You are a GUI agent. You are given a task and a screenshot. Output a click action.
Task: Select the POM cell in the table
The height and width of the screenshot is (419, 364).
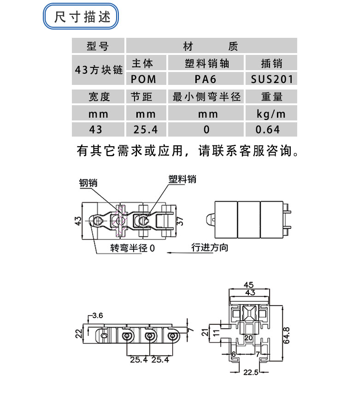(143, 79)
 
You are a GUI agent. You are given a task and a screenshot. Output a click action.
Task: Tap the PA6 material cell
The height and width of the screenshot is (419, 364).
(205, 79)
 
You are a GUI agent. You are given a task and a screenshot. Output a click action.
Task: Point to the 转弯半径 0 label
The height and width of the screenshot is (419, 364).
(133, 248)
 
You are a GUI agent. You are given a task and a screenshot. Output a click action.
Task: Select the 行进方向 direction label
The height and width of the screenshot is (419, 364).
(210, 247)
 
